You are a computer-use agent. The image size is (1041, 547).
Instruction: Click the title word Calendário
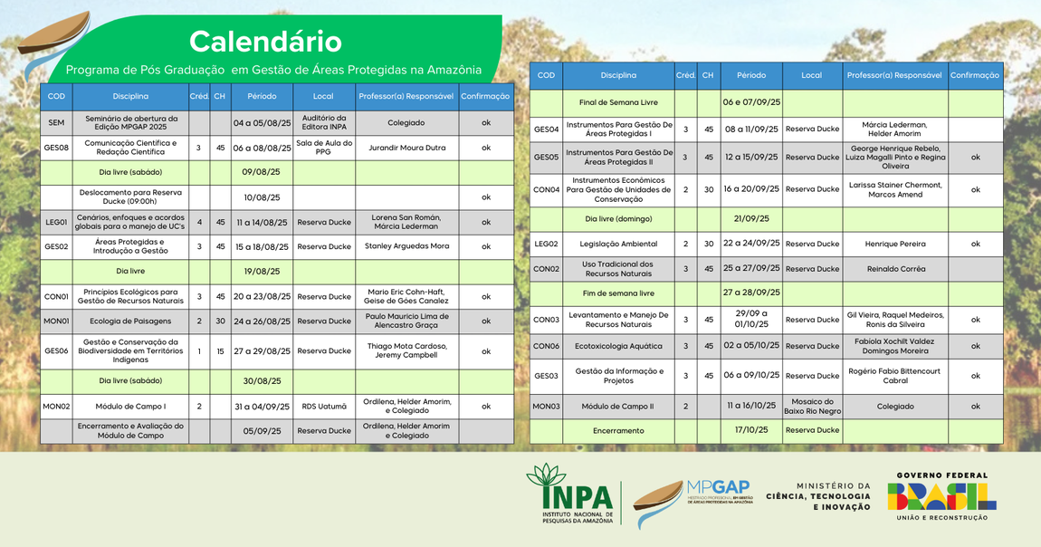click(x=265, y=42)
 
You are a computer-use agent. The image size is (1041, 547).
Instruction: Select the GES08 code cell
click(x=56, y=147)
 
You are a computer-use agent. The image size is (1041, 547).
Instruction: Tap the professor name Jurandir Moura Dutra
click(x=406, y=147)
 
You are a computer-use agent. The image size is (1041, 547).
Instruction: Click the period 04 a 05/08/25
click(x=262, y=122)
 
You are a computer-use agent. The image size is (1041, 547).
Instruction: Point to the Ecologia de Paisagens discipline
click(x=130, y=321)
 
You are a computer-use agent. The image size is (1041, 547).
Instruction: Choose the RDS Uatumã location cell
click(x=323, y=407)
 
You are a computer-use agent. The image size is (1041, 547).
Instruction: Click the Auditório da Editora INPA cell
click(x=323, y=122)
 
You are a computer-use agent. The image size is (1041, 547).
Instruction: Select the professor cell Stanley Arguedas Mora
click(x=406, y=246)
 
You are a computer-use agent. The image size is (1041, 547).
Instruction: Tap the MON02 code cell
click(x=56, y=407)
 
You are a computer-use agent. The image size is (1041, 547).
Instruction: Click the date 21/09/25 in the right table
click(x=750, y=218)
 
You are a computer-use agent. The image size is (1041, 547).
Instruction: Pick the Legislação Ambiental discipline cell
click(x=618, y=244)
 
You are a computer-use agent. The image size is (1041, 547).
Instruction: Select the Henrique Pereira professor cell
click(x=895, y=244)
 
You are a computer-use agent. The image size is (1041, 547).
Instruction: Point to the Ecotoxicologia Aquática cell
click(x=618, y=346)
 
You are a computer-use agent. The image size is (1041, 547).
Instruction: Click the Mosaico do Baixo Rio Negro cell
click(x=812, y=407)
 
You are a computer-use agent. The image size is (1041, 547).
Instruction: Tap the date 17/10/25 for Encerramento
click(x=750, y=430)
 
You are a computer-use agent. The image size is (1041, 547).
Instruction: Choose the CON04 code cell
click(x=546, y=189)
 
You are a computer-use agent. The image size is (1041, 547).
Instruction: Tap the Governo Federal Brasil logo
click(x=941, y=496)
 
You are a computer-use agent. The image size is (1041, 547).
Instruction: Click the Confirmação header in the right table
click(x=975, y=75)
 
